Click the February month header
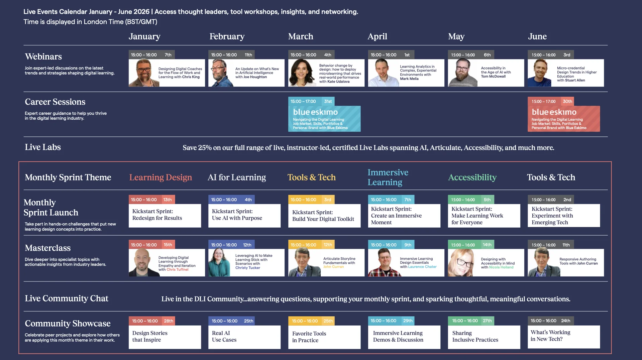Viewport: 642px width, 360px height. coord(227,36)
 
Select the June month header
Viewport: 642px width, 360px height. coord(537,36)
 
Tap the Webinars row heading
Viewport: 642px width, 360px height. coord(43,56)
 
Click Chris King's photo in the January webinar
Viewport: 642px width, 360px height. coord(144,73)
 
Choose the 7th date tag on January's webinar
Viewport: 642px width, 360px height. coord(168,55)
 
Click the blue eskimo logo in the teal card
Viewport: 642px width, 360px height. coord(315,112)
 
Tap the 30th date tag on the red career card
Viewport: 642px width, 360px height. coord(567,101)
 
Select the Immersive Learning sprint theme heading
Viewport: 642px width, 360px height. coord(388,177)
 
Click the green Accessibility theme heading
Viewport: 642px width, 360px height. coord(472,177)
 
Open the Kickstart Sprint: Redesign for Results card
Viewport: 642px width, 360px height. coord(165,216)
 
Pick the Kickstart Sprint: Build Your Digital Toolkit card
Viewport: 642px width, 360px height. coord(324,216)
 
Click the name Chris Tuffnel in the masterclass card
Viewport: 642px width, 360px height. coord(178,269)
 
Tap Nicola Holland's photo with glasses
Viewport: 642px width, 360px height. coord(461,263)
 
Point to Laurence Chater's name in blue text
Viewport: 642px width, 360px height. coord(422,267)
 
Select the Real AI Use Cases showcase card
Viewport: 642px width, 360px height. coord(244,337)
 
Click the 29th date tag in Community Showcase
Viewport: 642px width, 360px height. coord(408,321)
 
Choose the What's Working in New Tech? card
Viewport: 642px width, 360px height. coord(564,337)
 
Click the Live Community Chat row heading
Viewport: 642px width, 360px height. coord(67,298)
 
